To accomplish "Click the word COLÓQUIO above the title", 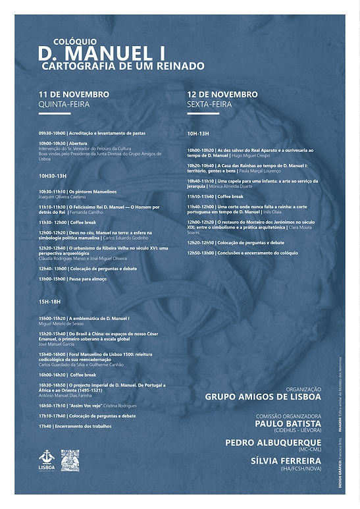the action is [x=61, y=40].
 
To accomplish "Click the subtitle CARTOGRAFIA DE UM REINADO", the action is [x=122, y=66].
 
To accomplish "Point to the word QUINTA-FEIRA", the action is [x=64, y=104].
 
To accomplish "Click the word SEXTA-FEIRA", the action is [x=210, y=104].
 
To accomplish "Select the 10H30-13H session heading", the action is [x=53, y=176].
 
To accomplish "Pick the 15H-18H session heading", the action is [x=49, y=301].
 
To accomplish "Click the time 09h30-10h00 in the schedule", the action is [x=52, y=133].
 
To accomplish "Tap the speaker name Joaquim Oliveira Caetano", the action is [x=63, y=196].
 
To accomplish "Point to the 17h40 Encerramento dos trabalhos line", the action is [x=74, y=426].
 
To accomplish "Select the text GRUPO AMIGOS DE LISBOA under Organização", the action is [x=263, y=397].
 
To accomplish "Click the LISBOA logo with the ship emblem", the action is [x=45, y=460].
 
